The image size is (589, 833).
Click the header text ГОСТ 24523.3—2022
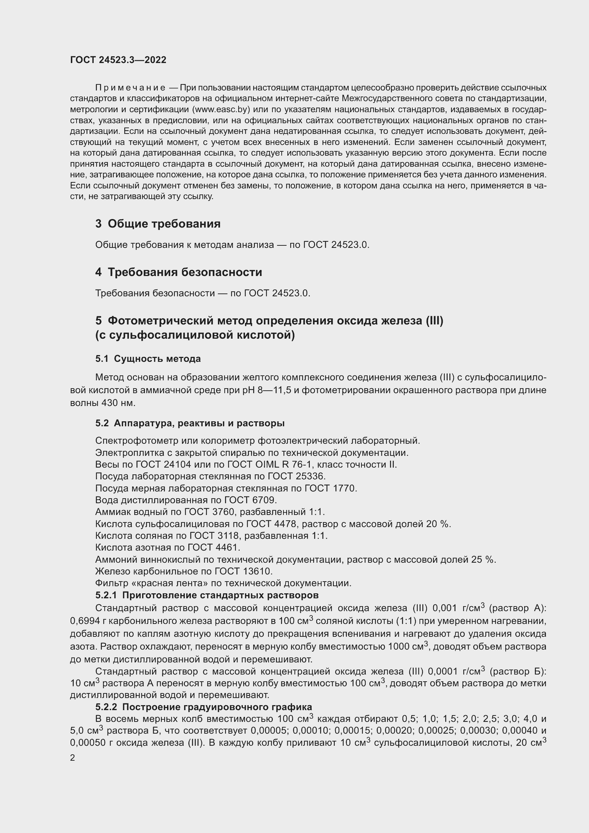coord(118,60)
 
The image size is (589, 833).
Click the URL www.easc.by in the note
coord(221,110)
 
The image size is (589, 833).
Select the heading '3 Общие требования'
coord(158,224)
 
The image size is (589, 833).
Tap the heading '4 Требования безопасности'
coord(178,272)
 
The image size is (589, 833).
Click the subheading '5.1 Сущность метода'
coord(148,359)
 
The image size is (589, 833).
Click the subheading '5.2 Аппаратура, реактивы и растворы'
coord(190,423)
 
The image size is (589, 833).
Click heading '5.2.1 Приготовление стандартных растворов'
coord(207,595)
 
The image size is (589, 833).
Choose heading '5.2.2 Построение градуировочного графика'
coord(203,707)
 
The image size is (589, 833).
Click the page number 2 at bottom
coord(73,758)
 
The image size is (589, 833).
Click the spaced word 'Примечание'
coord(130,88)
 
